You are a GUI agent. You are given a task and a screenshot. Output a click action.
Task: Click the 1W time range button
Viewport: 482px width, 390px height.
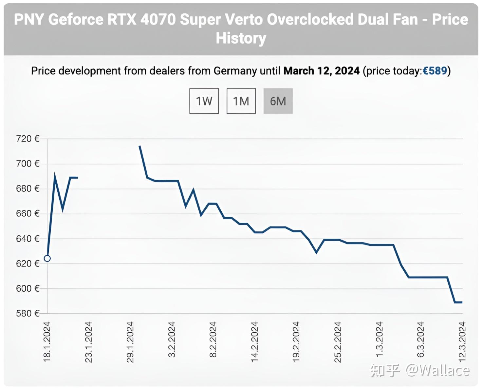pos(204,101)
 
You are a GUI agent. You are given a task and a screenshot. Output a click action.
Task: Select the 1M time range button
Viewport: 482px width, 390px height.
pos(241,101)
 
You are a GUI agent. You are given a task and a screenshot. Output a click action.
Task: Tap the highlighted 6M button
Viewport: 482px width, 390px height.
pos(278,101)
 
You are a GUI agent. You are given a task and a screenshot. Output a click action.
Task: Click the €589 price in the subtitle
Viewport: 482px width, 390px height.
pos(435,71)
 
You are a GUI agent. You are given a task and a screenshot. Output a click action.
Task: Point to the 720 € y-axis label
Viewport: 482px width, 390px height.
pos(28,139)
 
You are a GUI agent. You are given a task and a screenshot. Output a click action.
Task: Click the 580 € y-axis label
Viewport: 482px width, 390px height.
pos(28,313)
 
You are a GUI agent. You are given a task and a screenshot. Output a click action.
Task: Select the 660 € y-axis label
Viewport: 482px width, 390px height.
pos(28,214)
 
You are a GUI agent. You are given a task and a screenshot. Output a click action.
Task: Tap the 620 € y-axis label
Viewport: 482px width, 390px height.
pos(28,263)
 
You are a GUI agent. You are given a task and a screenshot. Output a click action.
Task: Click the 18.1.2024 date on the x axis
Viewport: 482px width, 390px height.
pos(47,342)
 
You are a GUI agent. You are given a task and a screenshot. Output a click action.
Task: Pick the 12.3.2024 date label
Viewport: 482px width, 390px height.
pos(462,342)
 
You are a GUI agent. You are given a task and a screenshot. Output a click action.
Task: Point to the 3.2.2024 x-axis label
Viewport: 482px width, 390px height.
pos(172,340)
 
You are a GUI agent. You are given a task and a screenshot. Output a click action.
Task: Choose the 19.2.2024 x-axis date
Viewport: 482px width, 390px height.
pos(296,342)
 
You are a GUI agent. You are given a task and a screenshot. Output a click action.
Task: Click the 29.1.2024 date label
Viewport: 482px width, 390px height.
pos(130,342)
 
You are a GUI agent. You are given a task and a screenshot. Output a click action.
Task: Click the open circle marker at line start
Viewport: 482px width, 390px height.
pos(47,259)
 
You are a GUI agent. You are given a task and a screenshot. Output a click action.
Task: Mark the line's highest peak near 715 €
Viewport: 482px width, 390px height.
pos(140,146)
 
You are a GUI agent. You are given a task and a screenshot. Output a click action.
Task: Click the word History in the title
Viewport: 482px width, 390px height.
pos(241,38)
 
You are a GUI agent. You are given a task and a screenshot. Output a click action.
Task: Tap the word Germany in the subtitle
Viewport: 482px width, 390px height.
pos(235,71)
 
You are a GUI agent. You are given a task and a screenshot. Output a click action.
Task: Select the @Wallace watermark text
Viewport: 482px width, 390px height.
pos(438,370)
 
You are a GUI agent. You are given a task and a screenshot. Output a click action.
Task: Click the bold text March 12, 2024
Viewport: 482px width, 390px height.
pos(321,71)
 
